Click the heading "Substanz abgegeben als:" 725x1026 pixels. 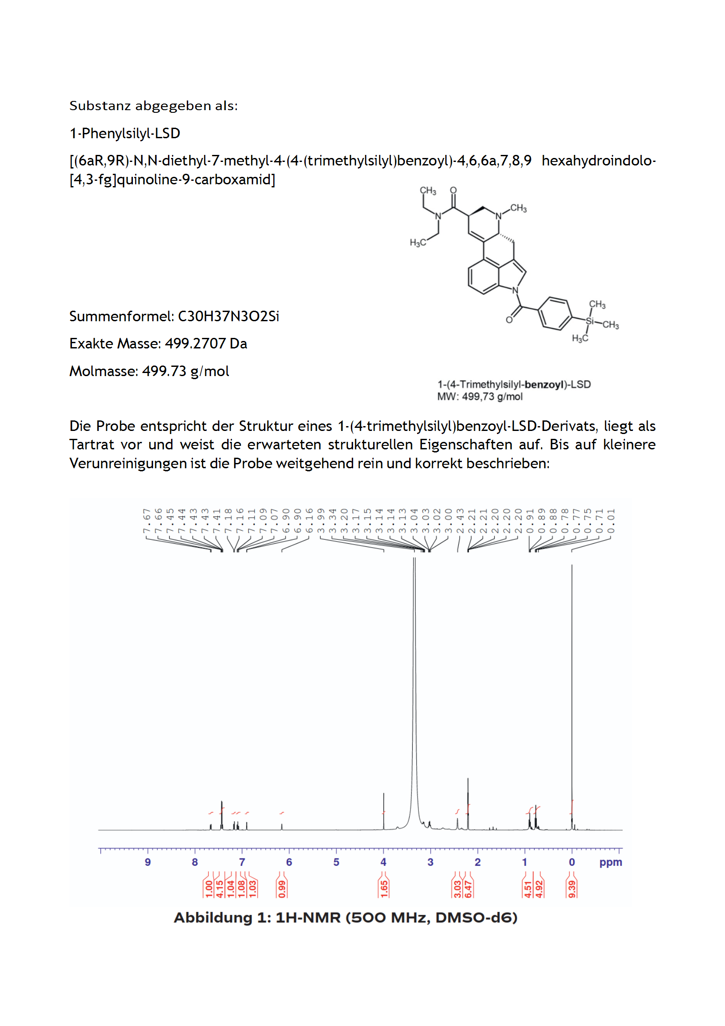pyautogui.click(x=153, y=106)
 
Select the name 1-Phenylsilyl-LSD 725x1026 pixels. pyautogui.click(x=125, y=133)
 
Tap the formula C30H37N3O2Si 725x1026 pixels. pyautogui.click(x=228, y=316)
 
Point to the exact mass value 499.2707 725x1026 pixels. pyautogui.click(x=195, y=344)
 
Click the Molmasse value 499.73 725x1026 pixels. pyautogui.click(x=164, y=371)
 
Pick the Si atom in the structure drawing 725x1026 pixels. pyautogui.click(x=590, y=321)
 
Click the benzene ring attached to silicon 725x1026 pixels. pyautogui.click(x=555, y=313)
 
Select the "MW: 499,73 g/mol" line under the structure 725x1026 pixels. pyautogui.click(x=480, y=396)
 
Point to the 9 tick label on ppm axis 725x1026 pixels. pyautogui.click(x=148, y=862)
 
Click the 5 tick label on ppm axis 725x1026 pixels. pyautogui.click(x=336, y=862)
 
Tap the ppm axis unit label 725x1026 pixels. pyautogui.click(x=610, y=862)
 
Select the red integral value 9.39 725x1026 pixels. pyautogui.click(x=572, y=889)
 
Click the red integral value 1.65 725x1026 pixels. pyautogui.click(x=384, y=889)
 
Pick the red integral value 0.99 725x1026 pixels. pyautogui.click(x=282, y=889)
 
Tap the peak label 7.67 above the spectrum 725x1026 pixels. pyautogui.click(x=146, y=520)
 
